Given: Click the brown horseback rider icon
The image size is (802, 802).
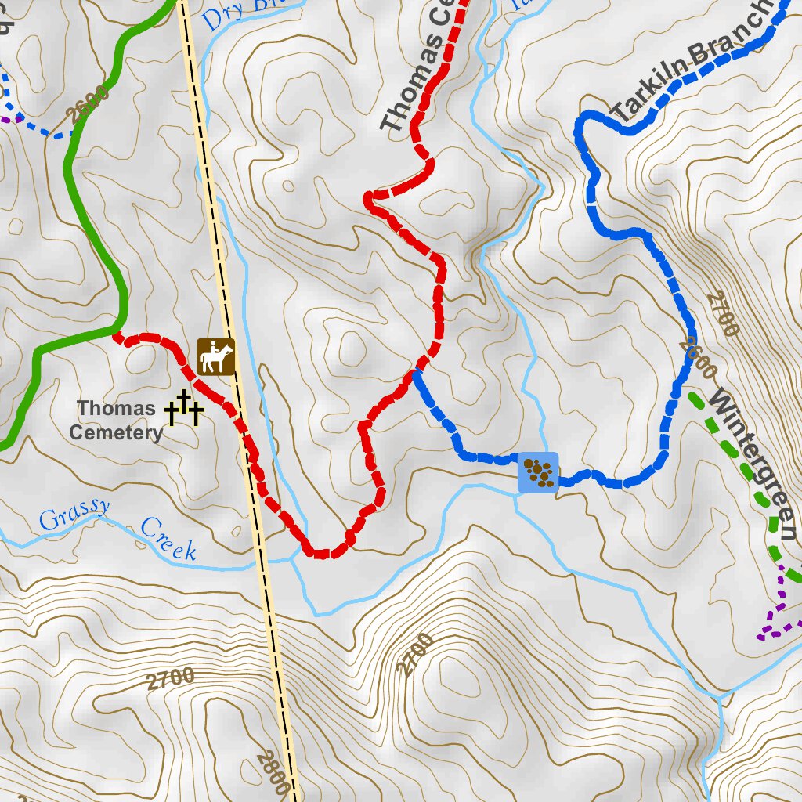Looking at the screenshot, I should [216, 357].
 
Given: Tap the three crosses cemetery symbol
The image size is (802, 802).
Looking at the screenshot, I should [184, 409].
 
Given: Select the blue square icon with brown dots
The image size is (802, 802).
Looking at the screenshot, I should [538, 472].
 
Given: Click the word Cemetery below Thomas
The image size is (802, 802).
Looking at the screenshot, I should [116, 432].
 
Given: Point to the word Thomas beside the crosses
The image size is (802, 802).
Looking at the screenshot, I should [116, 408].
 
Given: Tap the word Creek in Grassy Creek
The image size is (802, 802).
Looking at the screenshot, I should [168, 540].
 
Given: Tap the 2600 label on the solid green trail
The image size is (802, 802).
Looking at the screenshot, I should [87, 107].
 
